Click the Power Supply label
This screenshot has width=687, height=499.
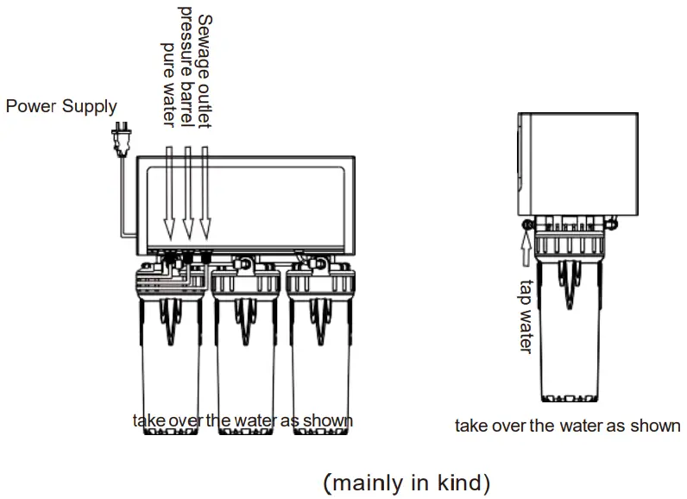(61, 107)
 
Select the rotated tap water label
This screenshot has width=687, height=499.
(526, 315)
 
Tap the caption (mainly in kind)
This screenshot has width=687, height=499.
(407, 481)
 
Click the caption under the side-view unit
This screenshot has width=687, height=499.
(568, 426)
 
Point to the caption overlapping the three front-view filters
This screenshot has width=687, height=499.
(243, 420)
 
